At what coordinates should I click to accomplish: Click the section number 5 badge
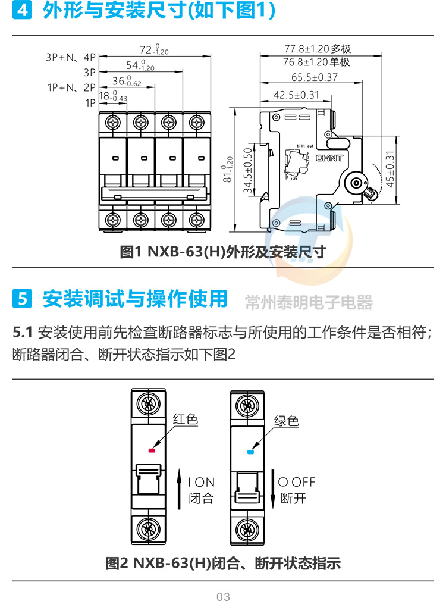tap(23, 299)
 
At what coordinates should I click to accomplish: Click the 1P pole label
tap(90, 103)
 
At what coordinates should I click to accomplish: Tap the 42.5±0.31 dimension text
tap(296, 95)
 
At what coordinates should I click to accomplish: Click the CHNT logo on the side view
tap(329, 158)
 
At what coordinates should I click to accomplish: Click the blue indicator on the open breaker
tap(250, 452)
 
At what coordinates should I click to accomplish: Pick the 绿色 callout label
tap(286, 421)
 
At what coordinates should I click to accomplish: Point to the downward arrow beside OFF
tap(273, 487)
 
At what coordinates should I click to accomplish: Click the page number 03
tap(223, 596)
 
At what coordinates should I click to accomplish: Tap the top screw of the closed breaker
tap(149, 405)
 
